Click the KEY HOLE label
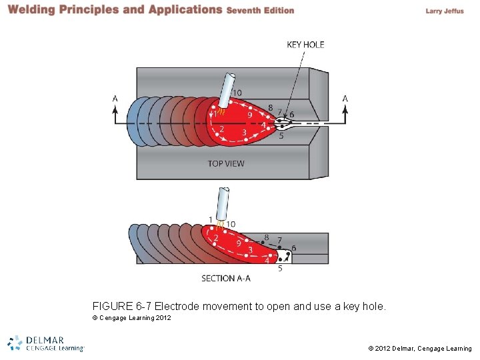305,45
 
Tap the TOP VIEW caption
226,163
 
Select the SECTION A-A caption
226,279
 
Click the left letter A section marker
115,99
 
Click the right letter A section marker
345,99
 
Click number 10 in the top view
237,93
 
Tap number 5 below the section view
280,268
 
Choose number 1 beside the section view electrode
211,219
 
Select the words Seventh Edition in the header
260,11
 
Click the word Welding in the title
31,10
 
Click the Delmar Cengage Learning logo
46,343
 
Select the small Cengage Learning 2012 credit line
131,318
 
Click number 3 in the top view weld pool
245,133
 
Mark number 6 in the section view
294,248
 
